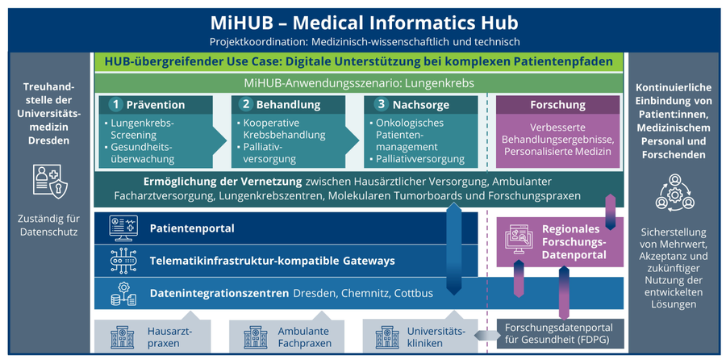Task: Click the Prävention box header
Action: tap(156, 105)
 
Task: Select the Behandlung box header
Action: tap(288, 105)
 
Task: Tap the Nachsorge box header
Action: tap(419, 105)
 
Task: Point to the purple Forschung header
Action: tap(557, 105)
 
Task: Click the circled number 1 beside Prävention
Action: tap(116, 105)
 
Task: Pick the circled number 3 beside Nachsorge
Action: tap(380, 105)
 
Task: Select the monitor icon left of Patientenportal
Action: tap(123, 228)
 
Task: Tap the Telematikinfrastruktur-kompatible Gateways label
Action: tap(272, 261)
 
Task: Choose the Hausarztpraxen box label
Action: tap(169, 337)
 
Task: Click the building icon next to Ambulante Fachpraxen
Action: tap(249, 337)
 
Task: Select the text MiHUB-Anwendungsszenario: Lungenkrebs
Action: tap(358, 83)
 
